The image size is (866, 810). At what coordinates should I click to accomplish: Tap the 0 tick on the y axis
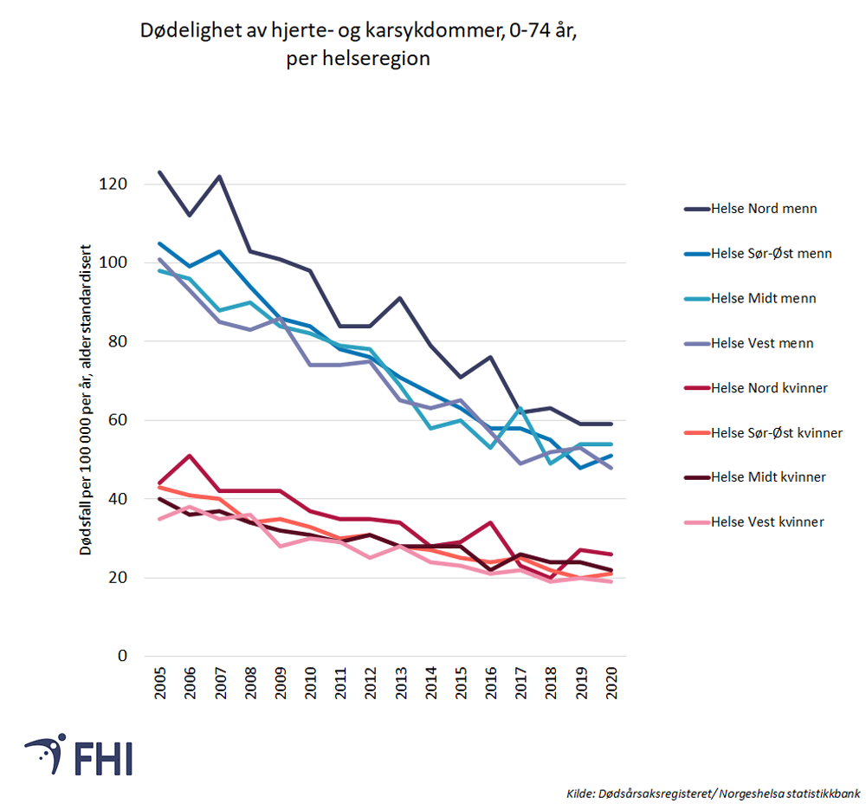coord(125,656)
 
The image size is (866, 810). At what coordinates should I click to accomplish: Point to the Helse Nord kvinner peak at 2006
coord(190,456)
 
